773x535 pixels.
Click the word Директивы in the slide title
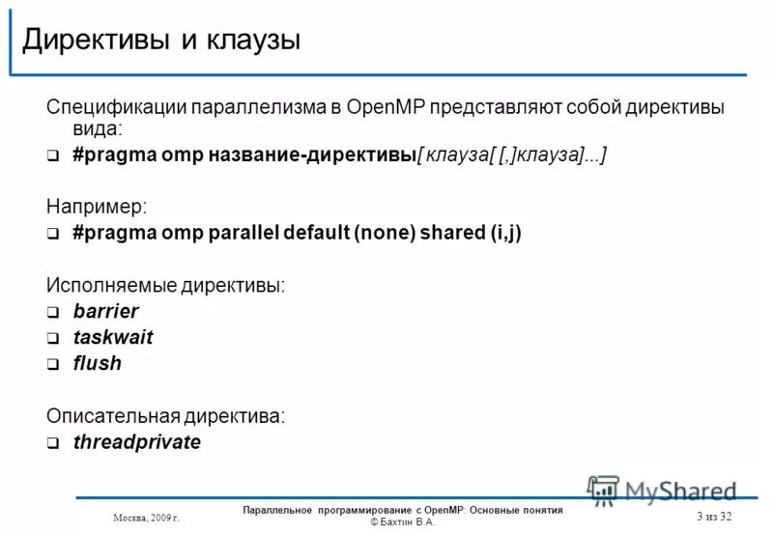[x=93, y=40]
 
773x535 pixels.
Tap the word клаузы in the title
[x=249, y=40]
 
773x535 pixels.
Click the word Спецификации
[x=118, y=106]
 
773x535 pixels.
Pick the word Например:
[x=95, y=207]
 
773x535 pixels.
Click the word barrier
[x=106, y=311]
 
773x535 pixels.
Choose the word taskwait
[x=113, y=338]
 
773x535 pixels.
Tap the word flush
[x=98, y=364]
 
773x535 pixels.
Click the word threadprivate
[x=137, y=442]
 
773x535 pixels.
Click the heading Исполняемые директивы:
[x=166, y=285]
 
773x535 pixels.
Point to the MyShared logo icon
[x=603, y=490]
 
